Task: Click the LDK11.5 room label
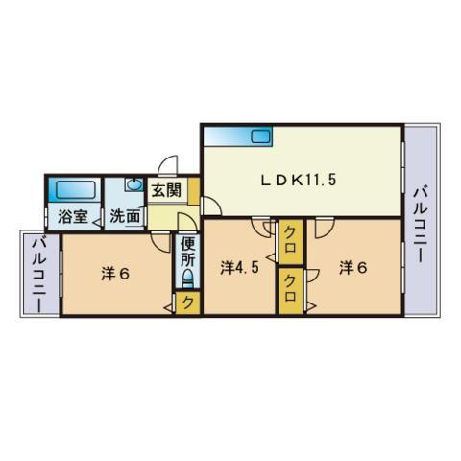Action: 299,181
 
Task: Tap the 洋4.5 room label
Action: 240,268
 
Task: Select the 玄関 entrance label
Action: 166,191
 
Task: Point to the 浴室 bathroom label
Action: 73,217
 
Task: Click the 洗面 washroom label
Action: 125,217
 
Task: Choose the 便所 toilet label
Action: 187,253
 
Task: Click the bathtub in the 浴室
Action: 76,191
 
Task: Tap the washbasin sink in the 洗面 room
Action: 134,185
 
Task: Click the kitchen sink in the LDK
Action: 261,137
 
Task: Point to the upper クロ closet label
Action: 290,242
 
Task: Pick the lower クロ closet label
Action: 290,290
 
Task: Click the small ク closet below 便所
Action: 188,303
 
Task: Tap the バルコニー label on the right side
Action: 421,226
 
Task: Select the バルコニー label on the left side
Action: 40,274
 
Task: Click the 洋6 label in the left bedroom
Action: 115,274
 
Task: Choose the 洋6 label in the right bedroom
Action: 353,268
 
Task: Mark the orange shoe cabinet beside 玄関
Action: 194,191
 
